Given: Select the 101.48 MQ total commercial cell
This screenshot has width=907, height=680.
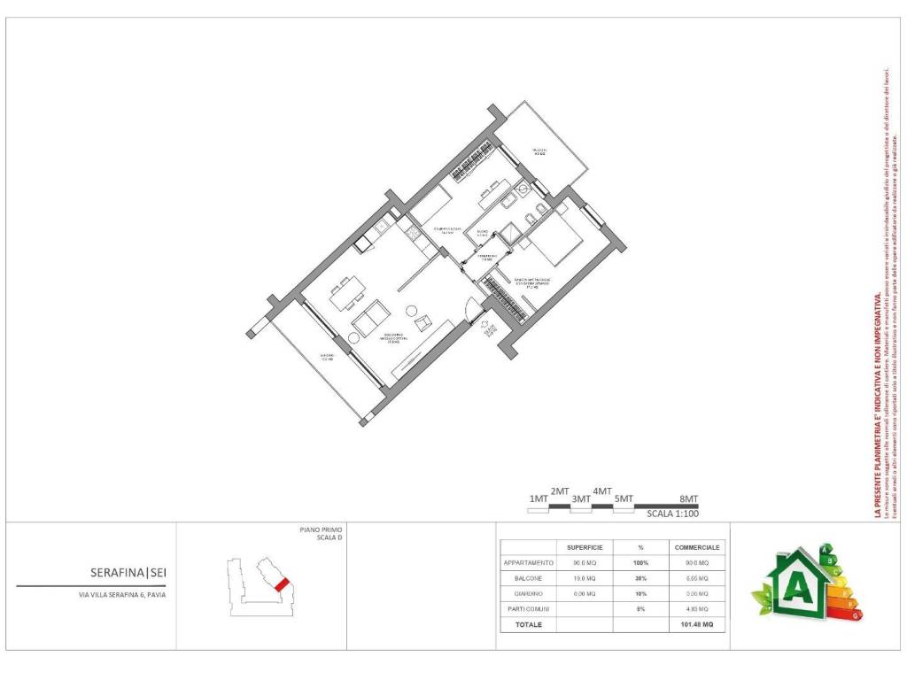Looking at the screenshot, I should coord(696,624).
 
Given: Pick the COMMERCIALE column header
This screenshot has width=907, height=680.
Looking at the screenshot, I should coord(696,547).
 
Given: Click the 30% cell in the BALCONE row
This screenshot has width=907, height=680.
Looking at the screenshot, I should coord(640,577).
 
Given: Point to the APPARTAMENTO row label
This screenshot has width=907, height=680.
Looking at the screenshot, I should coord(529,562).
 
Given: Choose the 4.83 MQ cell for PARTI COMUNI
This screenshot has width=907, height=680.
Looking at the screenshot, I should coord(696,608).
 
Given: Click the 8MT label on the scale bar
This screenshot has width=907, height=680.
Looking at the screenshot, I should coord(688,498).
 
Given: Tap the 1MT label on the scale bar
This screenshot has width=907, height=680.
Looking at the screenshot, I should coord(538,498).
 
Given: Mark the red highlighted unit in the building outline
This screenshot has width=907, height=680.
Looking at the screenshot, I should coord(282,584).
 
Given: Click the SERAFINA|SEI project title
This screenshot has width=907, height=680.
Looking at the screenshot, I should coord(128,573).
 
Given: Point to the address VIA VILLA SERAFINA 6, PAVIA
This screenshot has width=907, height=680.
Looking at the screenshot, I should coord(121,595).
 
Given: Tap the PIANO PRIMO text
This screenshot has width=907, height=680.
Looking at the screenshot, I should coord(321,529).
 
